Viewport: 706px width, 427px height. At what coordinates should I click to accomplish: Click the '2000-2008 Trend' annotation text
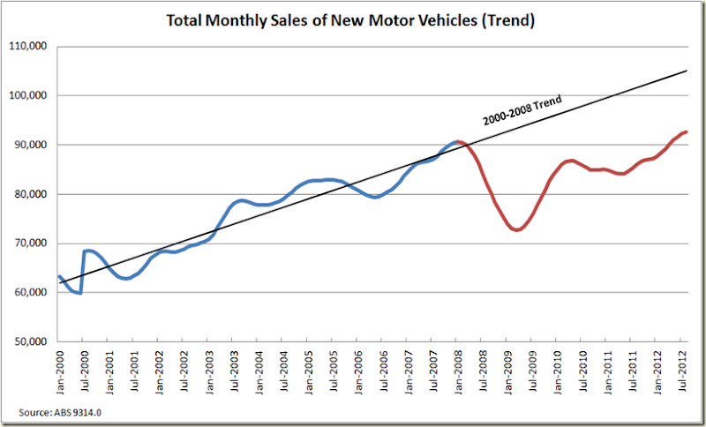click(522, 109)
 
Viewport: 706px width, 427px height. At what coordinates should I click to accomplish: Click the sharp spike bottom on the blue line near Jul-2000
click(81, 293)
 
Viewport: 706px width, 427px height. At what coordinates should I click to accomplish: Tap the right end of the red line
click(687, 131)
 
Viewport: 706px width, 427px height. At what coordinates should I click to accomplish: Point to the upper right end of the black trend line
click(687, 71)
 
